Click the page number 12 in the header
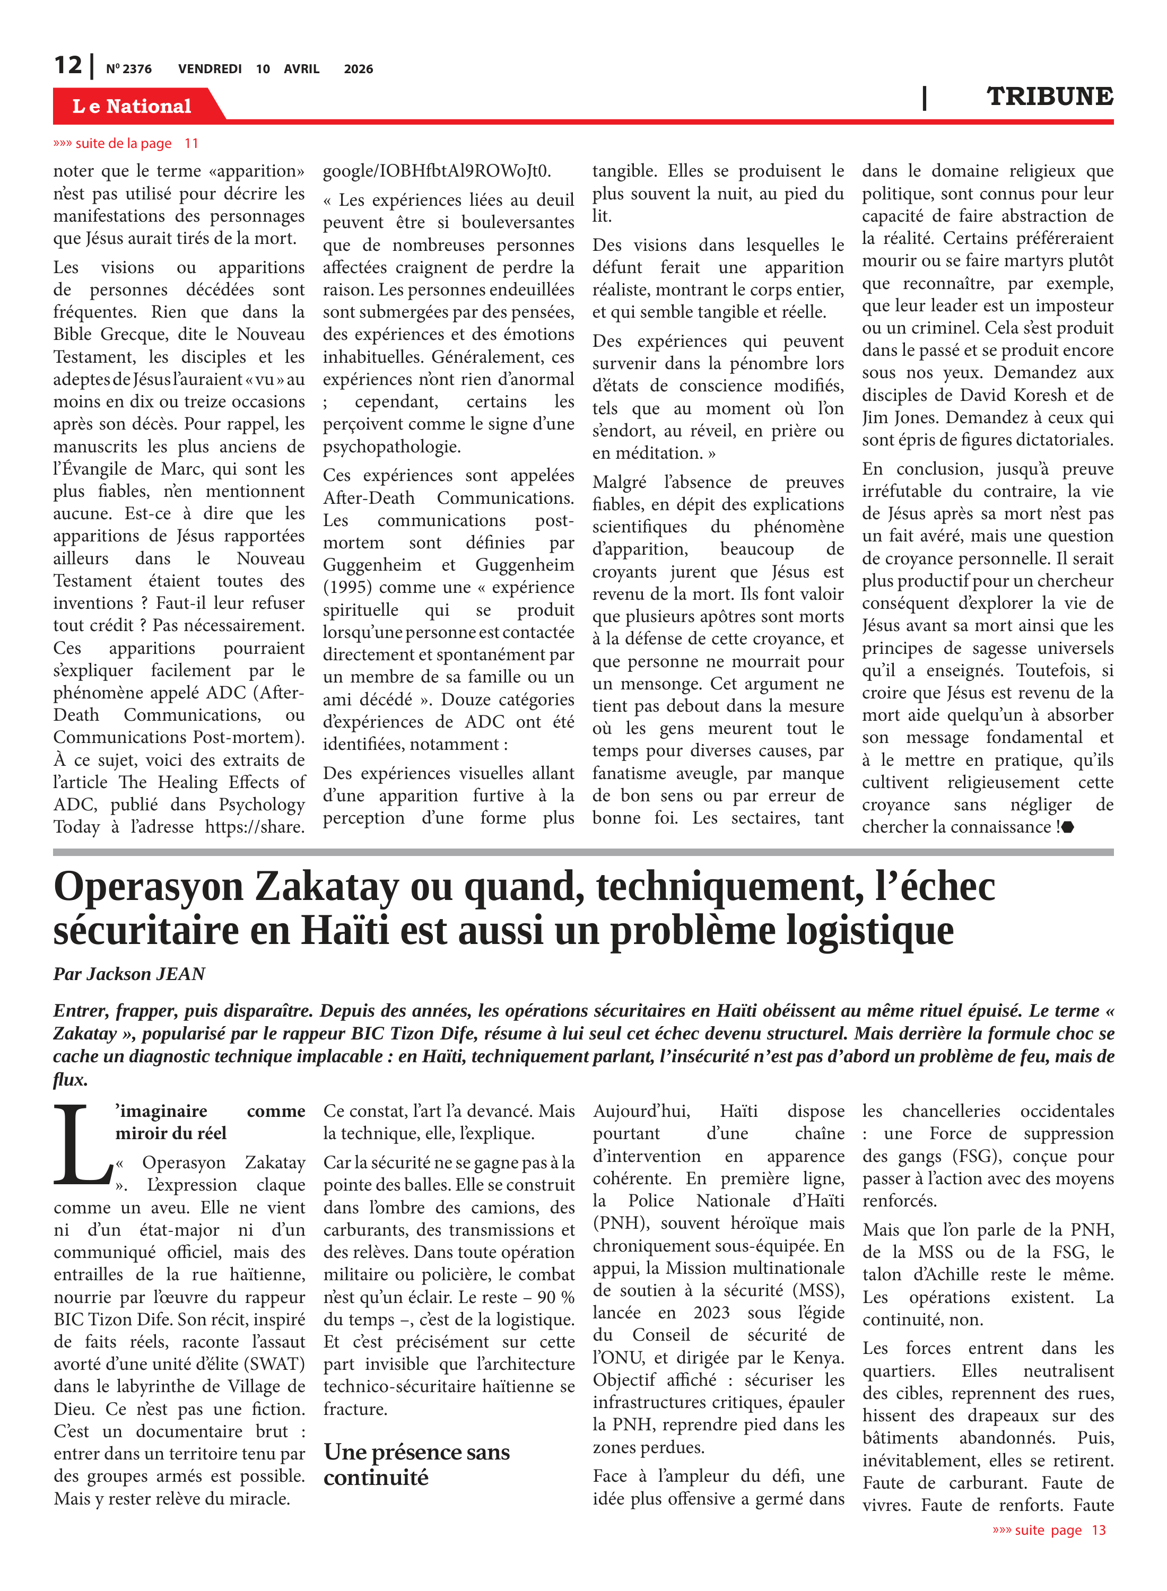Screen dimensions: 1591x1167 [68, 65]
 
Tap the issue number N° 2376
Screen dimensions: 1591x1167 [128, 69]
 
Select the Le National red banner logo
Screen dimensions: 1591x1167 [132, 106]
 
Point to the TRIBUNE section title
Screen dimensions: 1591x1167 [1049, 96]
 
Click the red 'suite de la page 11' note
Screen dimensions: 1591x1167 [126, 143]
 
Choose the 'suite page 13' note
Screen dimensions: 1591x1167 [1049, 1529]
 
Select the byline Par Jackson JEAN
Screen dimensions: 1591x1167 [129, 974]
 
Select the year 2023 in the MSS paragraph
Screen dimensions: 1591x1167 [711, 1312]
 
